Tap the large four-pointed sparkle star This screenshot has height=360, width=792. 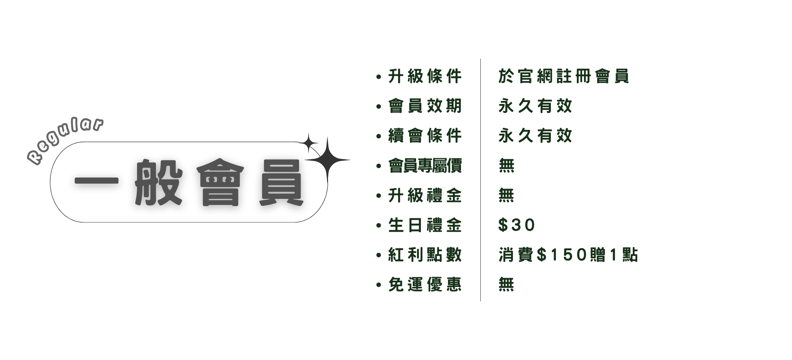(327, 160)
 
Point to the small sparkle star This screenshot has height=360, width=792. (309, 143)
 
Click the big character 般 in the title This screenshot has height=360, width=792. (158, 182)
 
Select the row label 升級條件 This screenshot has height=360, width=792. (425, 76)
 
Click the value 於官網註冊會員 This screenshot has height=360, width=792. (563, 76)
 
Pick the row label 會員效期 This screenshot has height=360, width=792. (425, 106)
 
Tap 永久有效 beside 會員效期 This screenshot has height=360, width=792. (535, 106)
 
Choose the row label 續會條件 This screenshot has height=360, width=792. (425, 136)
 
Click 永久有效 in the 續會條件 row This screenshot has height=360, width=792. (535, 136)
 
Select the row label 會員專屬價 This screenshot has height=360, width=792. (425, 166)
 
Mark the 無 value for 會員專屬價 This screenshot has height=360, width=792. (506, 166)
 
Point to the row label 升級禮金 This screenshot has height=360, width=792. (425, 195)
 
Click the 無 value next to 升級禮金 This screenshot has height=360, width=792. (506, 195)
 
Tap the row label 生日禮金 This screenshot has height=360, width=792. (425, 225)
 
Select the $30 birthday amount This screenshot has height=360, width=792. (517, 225)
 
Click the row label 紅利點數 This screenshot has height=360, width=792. (425, 255)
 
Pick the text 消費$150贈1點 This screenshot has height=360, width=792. (568, 255)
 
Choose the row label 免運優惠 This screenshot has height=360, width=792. (425, 285)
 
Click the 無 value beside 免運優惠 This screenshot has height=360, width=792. (506, 285)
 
